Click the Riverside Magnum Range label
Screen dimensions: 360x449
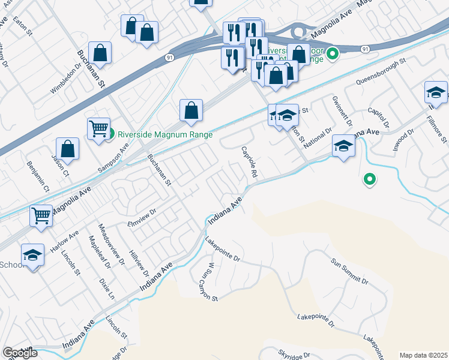[165, 134]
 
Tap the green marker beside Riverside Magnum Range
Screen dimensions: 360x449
[111, 134]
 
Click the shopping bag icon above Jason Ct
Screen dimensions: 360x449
[68, 149]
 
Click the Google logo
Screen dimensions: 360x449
[20, 353]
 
